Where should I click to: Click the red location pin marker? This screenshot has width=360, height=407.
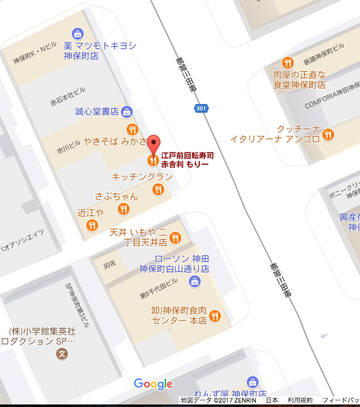152,143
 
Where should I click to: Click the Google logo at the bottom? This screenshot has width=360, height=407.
153,384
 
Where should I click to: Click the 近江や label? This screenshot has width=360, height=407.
91,213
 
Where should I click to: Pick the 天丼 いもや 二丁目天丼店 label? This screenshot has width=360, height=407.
137,237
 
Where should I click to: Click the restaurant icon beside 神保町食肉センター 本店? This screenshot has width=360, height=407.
216,317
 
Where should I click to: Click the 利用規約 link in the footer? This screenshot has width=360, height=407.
299,400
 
